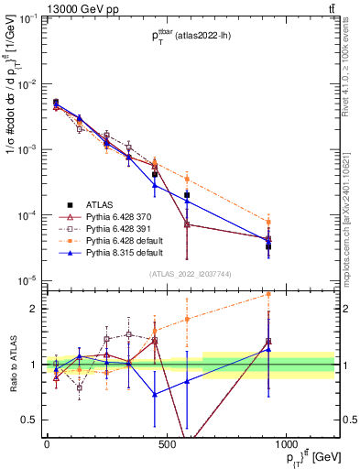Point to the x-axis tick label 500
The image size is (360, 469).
166,442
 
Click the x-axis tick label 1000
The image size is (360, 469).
286,442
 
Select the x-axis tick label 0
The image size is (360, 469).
47,442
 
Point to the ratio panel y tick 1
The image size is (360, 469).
36,365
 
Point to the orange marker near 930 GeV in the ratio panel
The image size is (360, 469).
268,294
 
